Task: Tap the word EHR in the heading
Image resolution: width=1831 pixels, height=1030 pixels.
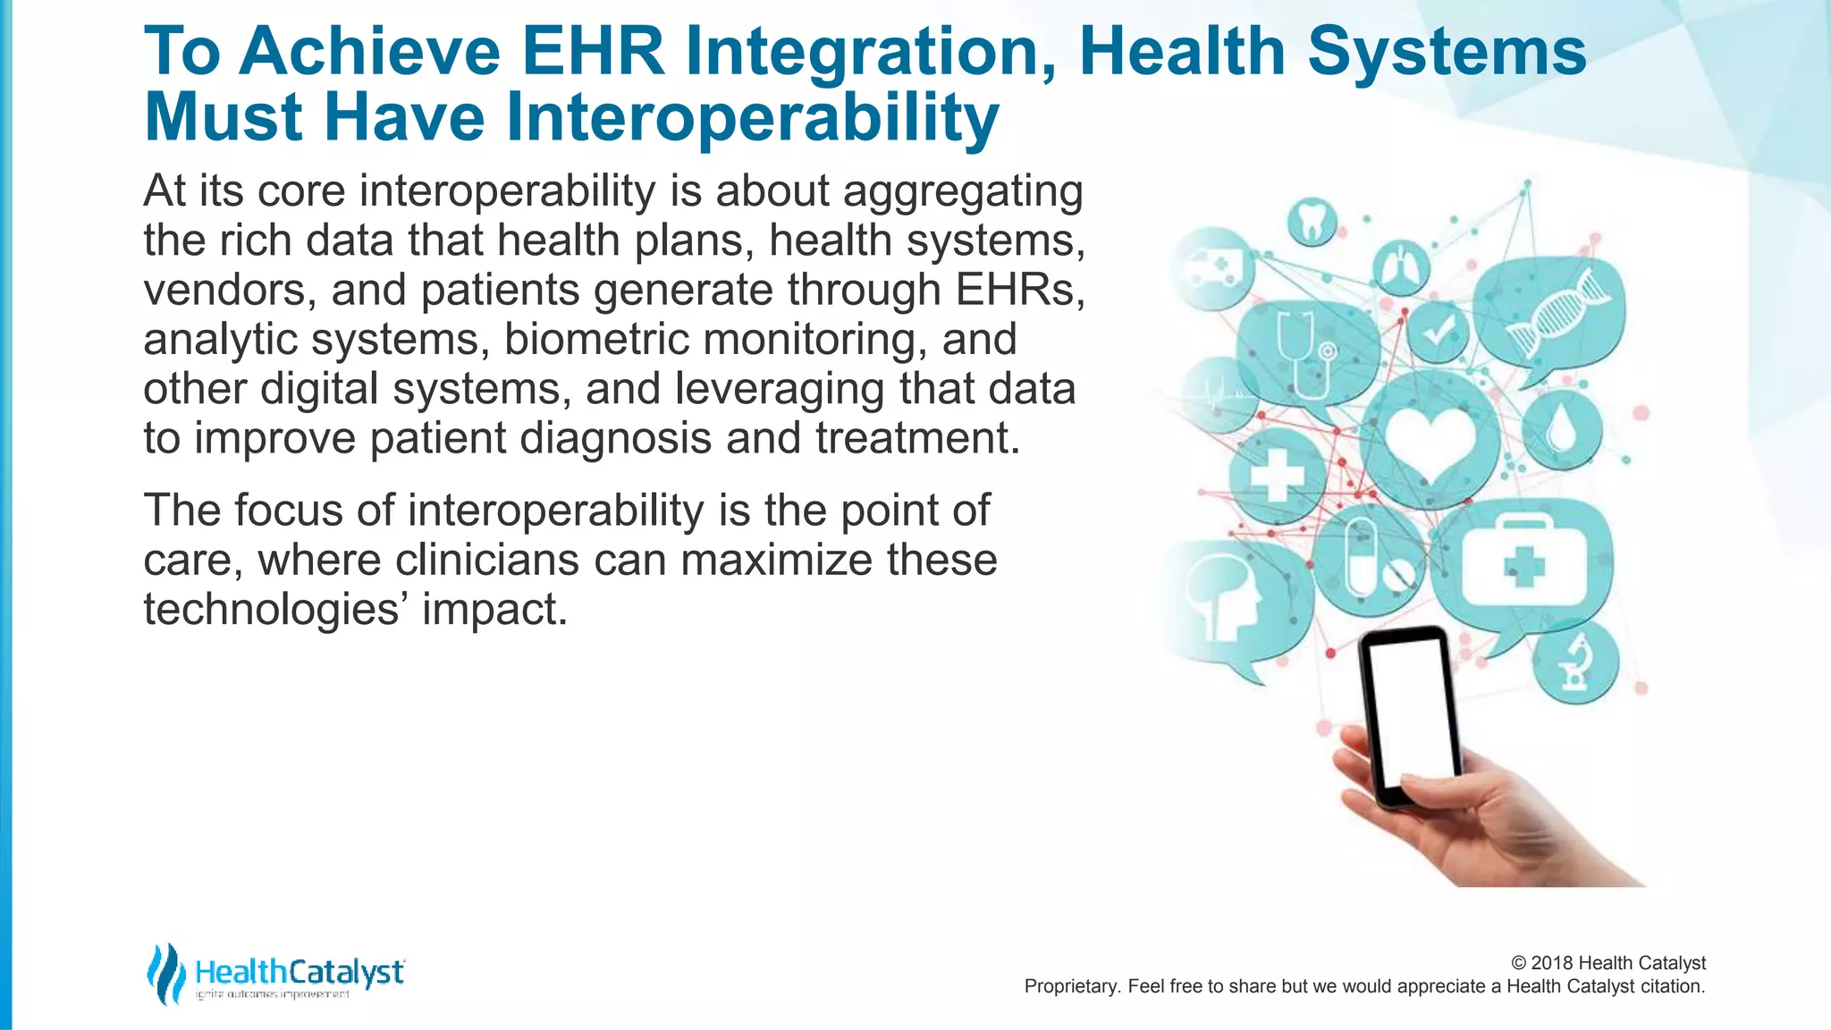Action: (x=594, y=51)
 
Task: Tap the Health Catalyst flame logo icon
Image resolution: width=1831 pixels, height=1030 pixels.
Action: (x=165, y=974)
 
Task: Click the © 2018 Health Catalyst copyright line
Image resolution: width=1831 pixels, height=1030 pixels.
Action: (x=1607, y=963)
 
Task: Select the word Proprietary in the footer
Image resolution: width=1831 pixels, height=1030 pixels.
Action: (x=1069, y=986)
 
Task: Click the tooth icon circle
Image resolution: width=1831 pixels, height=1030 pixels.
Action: (x=1312, y=221)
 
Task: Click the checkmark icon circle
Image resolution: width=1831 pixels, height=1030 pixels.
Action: (x=1438, y=331)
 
